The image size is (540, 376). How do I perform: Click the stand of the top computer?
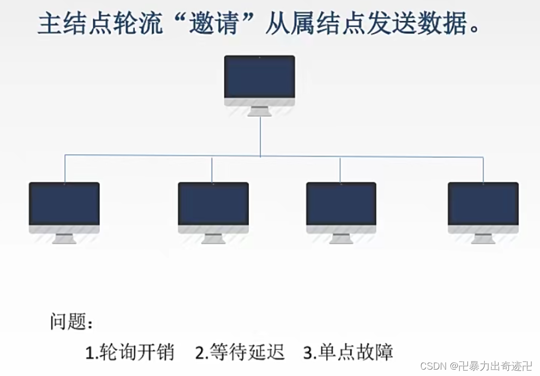(259, 111)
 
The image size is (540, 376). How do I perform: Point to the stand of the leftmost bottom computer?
(64, 239)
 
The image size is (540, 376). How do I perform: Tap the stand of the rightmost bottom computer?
(483, 239)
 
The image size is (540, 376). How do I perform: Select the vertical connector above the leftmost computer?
(65, 169)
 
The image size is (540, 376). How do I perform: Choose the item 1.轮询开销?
(129, 352)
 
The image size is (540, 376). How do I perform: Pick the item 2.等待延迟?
(240, 352)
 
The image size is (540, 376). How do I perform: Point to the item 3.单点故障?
(349, 352)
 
